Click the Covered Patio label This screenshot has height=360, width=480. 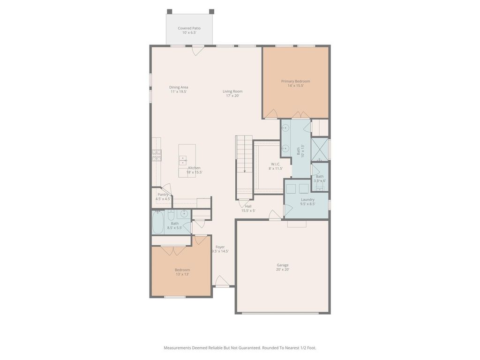tap(189, 28)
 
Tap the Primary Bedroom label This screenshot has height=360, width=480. tap(296, 81)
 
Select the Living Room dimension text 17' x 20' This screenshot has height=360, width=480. tap(232, 96)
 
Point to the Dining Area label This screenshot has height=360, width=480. tap(179, 87)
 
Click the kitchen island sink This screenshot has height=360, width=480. tap(183, 160)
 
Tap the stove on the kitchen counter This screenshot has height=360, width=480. tap(157, 155)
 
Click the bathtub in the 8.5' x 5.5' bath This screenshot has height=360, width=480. tap(158, 222)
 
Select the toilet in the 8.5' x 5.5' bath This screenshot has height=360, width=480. tap(171, 215)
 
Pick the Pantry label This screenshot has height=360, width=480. tap(163, 195)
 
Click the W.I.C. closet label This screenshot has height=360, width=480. tap(276, 164)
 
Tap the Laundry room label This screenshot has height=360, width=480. tap(307, 200)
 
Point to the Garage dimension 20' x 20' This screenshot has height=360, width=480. tap(283, 270)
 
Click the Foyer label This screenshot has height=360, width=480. tap(220, 247)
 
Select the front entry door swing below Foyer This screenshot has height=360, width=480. tap(221, 280)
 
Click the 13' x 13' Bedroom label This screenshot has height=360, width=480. tap(182, 270)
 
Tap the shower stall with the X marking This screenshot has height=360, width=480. tap(319, 150)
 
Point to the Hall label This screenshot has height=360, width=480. tap(248, 206)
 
